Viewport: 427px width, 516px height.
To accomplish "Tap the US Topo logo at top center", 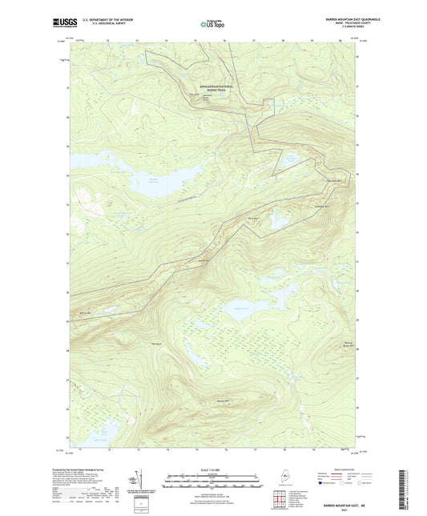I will (x=212, y=24).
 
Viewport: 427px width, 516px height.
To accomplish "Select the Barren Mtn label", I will (x=85, y=312).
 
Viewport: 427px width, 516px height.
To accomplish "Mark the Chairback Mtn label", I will (x=336, y=180).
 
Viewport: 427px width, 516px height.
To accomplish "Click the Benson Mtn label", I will (x=222, y=401).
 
